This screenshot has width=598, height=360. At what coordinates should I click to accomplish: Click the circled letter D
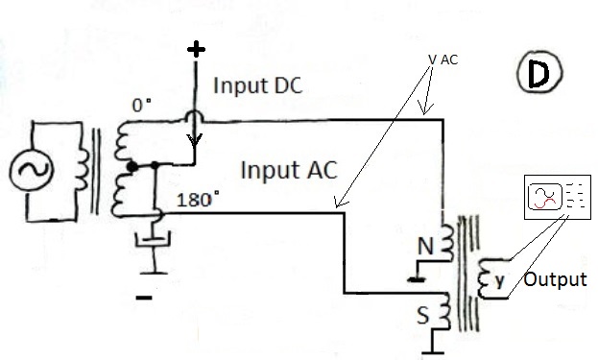point(539,72)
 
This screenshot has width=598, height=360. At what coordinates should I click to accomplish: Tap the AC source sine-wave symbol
point(32,170)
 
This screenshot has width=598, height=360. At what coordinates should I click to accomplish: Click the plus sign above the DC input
point(196,49)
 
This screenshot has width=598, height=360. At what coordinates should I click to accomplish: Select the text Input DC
point(258,85)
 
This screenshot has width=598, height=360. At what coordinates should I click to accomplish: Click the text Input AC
point(289,170)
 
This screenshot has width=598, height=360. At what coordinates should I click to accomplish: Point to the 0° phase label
point(141,106)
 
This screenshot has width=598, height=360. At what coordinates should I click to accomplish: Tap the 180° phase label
point(198,200)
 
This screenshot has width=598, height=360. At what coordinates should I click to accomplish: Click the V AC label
point(443,60)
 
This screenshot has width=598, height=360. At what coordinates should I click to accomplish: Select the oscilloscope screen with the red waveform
point(545,196)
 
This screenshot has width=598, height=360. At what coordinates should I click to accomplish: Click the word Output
point(555,279)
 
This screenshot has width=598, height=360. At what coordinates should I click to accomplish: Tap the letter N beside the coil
point(425,247)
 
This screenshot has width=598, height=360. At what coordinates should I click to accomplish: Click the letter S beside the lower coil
point(422,316)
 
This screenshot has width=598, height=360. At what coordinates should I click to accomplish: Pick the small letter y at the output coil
point(499,281)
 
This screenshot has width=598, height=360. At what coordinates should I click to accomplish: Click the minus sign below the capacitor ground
point(144,298)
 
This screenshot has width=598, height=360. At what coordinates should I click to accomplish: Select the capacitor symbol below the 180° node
point(153,241)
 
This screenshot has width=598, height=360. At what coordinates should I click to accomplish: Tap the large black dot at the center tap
point(132,167)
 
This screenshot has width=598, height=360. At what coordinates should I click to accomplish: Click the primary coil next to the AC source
point(83,169)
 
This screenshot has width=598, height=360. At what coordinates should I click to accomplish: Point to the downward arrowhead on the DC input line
point(194,140)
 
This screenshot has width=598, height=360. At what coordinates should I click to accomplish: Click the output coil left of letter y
point(485,278)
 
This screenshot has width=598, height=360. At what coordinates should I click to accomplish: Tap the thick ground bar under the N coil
point(416,279)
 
